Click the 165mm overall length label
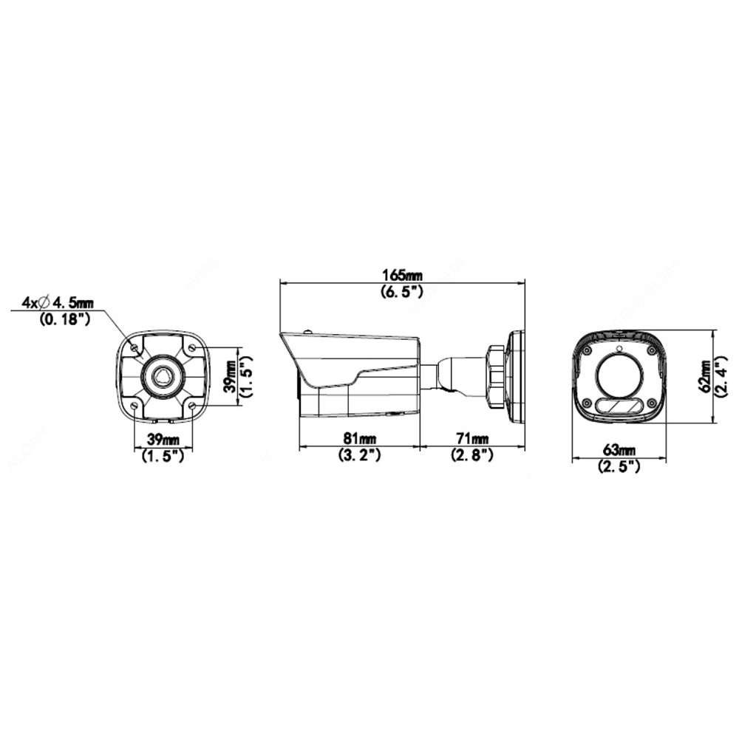(x=402, y=275)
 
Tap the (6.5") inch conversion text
(x=402, y=292)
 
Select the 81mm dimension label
(x=359, y=438)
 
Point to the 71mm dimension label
(x=472, y=438)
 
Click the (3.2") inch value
(x=359, y=455)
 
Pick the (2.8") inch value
(x=472, y=455)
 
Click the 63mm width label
(x=619, y=450)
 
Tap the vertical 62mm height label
(x=706, y=377)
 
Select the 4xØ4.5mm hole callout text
(x=58, y=302)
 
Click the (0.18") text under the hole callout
(x=64, y=319)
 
